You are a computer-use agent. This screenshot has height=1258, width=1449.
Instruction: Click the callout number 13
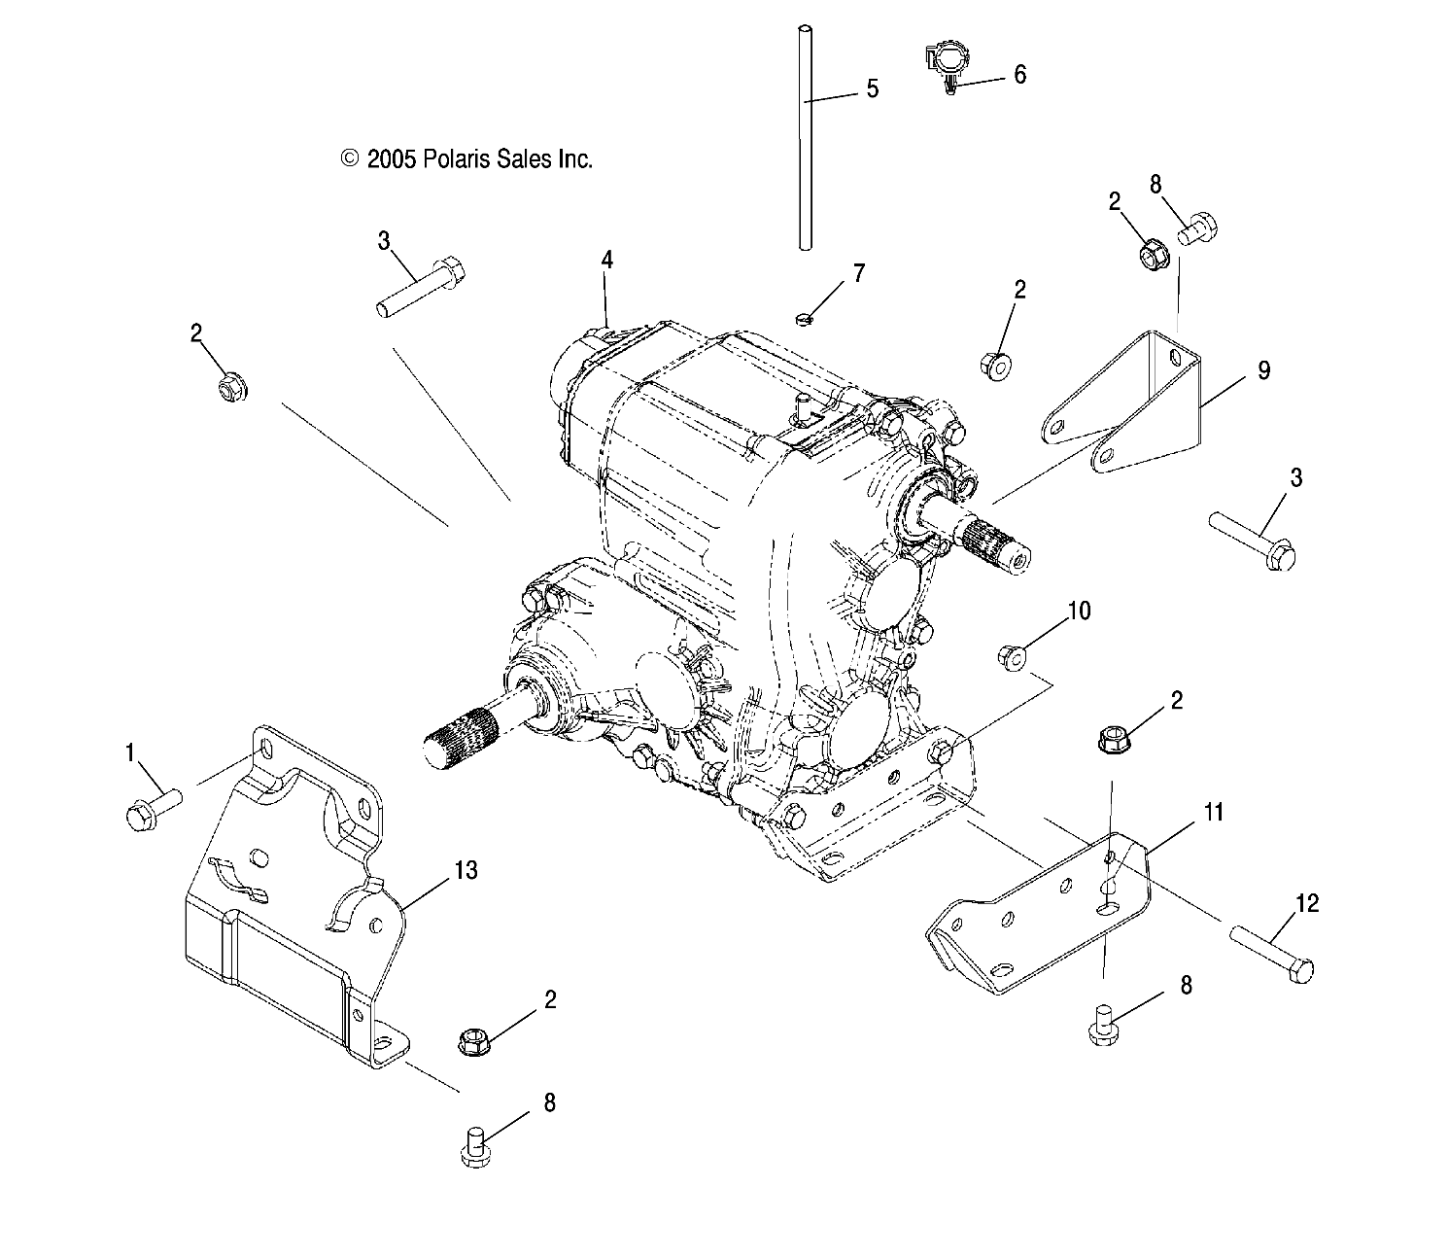coord(466,870)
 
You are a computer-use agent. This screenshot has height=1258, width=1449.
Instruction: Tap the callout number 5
coord(872,89)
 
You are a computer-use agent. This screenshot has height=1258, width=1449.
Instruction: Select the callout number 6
coord(1019,75)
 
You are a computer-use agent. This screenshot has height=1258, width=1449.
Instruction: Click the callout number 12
coord(1307,903)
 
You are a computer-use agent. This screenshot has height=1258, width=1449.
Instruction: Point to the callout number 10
coord(1079,611)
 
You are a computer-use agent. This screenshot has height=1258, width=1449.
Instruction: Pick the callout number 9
coord(1264,370)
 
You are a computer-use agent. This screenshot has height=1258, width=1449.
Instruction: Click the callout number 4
coord(607,260)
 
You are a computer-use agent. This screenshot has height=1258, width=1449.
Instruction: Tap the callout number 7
coord(858,273)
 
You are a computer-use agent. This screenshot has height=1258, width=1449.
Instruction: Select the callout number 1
coord(129,753)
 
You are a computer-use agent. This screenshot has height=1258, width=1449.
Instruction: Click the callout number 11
coord(1214,813)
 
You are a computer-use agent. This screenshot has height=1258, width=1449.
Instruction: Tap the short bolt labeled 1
coord(154,810)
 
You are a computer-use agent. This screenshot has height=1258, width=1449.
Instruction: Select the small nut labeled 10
coord(1011,657)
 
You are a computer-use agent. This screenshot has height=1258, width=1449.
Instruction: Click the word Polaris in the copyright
coord(457,159)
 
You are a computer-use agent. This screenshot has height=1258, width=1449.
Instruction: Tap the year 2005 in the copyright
coord(391,159)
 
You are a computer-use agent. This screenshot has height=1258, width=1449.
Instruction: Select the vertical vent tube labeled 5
coord(805,138)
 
